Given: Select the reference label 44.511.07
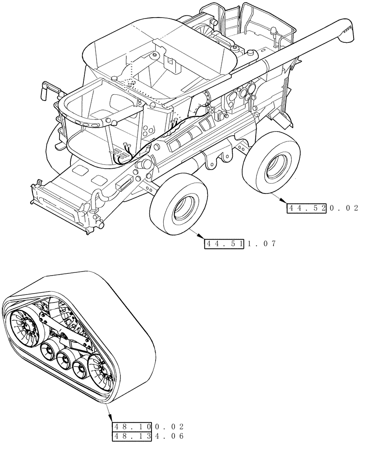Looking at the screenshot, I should [x=239, y=244].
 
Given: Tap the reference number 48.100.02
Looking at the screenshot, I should [x=148, y=426].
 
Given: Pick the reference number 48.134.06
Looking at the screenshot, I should [x=148, y=436].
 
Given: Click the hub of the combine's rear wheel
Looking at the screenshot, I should [x=274, y=167].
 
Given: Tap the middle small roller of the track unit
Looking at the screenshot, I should [x=65, y=361].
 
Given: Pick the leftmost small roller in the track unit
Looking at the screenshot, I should [x=48, y=351].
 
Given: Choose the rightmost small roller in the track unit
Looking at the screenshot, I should [x=81, y=368].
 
